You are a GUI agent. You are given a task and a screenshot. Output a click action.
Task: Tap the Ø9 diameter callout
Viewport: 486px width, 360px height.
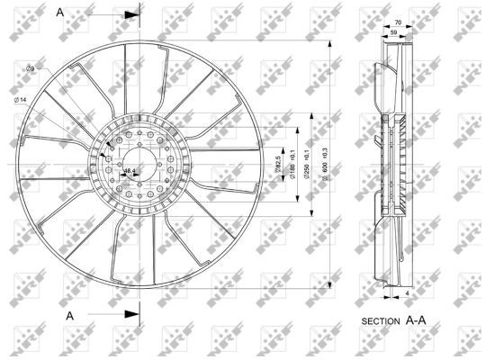click(30, 69)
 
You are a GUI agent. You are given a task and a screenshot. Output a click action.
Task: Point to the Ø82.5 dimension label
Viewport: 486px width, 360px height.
click(278, 165)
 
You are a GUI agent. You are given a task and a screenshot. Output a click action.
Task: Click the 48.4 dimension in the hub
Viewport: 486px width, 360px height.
click(130, 170)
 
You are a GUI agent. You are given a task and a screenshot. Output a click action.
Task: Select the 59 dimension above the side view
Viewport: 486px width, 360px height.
click(392, 31)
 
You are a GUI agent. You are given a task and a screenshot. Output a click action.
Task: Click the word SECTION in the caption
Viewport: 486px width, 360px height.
click(380, 320)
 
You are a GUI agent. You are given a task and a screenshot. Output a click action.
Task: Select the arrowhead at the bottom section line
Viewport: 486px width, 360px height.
click(132, 314)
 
